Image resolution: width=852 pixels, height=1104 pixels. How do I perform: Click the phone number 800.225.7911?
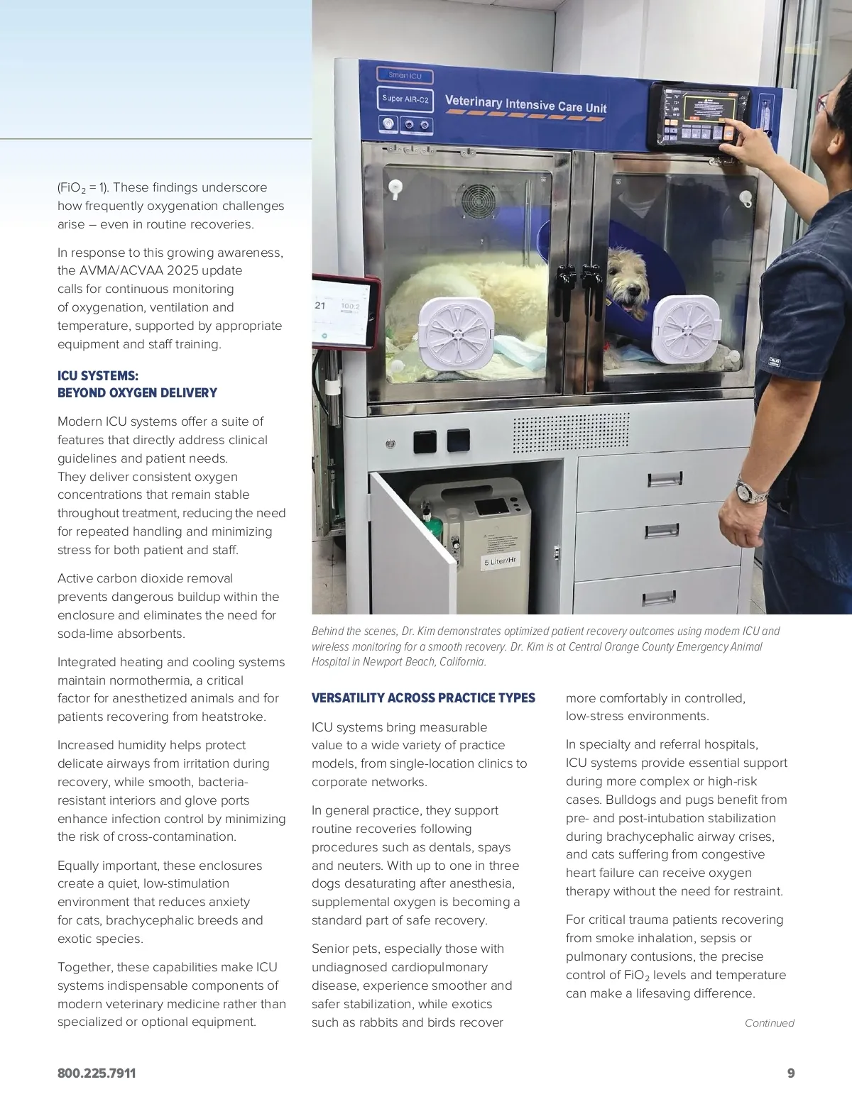pos(97,1073)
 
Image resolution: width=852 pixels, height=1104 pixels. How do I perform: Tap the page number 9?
pos(791,1073)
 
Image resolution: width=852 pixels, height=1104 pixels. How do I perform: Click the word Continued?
pos(769,1023)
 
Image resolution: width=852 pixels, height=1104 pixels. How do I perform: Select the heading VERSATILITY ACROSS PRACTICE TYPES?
pos(423,698)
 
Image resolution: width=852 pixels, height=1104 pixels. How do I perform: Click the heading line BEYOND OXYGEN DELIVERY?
pos(137,393)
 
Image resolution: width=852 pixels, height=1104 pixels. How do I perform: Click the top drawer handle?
pos(665,480)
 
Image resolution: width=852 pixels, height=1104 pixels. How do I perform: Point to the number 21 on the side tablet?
pos(320,305)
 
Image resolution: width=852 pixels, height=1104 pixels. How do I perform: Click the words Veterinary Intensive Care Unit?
pos(525,104)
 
